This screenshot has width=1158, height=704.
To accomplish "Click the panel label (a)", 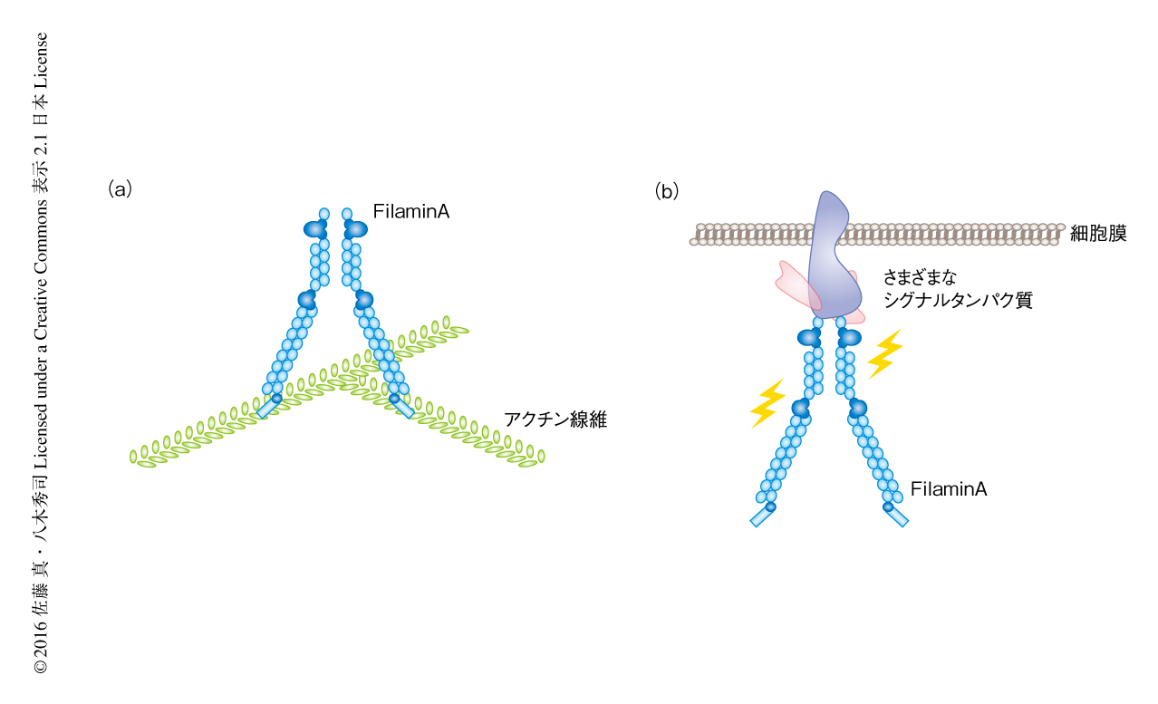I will pyautogui.click(x=121, y=189).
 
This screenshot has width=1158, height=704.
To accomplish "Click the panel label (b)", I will pyautogui.click(x=667, y=191).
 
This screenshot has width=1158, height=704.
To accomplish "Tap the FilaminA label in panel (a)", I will pyautogui.click(x=411, y=212).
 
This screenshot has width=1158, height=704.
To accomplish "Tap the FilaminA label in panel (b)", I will pyautogui.click(x=949, y=489).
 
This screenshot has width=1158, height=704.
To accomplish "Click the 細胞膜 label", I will pyautogui.click(x=1098, y=234).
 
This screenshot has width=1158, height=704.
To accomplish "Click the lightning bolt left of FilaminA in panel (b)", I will pyautogui.click(x=767, y=403).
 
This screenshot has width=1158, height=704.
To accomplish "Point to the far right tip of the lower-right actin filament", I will pyautogui.click(x=540, y=457).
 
